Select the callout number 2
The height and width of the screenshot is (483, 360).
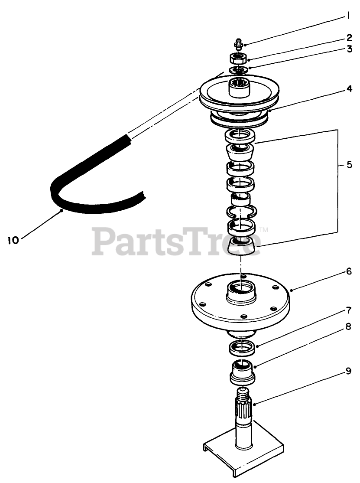tap(349, 37)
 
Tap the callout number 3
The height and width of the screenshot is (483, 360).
tap(349, 49)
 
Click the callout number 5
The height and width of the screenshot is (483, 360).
tap(349, 165)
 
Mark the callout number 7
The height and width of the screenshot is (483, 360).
tap(348, 310)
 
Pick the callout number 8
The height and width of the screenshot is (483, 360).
tap(348, 328)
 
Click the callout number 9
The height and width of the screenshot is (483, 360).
tap(348, 371)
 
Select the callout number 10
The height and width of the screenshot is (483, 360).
tap(13, 240)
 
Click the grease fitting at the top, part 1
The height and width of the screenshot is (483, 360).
tap(238, 43)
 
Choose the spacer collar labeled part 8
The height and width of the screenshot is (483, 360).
tap(241, 372)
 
